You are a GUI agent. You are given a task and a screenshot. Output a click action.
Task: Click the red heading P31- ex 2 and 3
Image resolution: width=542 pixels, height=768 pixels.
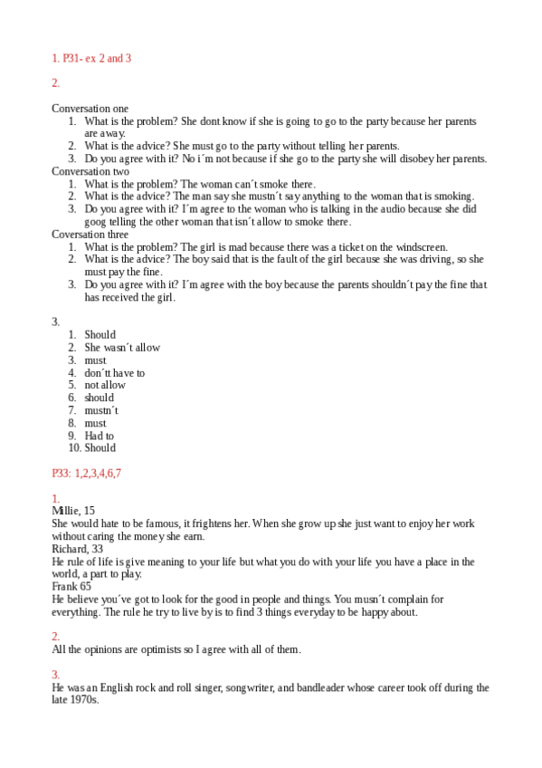pyautogui.click(x=91, y=58)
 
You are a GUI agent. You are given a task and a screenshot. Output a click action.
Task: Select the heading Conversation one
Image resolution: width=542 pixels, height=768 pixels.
pyautogui.click(x=90, y=109)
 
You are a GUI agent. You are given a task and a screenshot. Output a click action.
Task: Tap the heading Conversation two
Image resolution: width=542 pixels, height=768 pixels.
pyautogui.click(x=90, y=171)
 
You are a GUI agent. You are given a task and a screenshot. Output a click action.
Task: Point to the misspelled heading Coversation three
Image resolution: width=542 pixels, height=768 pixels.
pyautogui.click(x=90, y=235)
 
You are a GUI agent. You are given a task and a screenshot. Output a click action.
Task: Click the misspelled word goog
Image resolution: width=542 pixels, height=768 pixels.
pyautogui.click(x=97, y=222)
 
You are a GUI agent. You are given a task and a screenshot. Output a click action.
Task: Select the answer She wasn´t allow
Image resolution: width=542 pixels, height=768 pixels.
pyautogui.click(x=122, y=348)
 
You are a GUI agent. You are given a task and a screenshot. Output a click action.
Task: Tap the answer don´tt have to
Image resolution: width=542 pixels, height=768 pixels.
pyautogui.click(x=114, y=373)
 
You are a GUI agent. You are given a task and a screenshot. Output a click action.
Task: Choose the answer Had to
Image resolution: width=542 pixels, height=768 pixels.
pyautogui.click(x=100, y=436)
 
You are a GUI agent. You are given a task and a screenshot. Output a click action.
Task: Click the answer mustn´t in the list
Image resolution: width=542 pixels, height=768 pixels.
pyautogui.click(x=101, y=410)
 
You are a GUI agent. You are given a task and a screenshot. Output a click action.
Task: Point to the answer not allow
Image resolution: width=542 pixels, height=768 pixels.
pyautogui.click(x=105, y=385)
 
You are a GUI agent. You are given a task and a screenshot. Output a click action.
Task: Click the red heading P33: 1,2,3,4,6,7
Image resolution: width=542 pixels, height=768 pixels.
pyautogui.click(x=87, y=473)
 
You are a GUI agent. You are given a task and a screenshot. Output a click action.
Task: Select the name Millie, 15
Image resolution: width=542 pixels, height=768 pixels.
pyautogui.click(x=73, y=511)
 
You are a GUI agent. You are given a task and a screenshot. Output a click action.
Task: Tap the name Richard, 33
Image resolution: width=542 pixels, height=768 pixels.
pyautogui.click(x=78, y=549)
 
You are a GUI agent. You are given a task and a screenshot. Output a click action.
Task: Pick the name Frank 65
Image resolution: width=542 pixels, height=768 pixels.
pyautogui.click(x=71, y=586)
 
